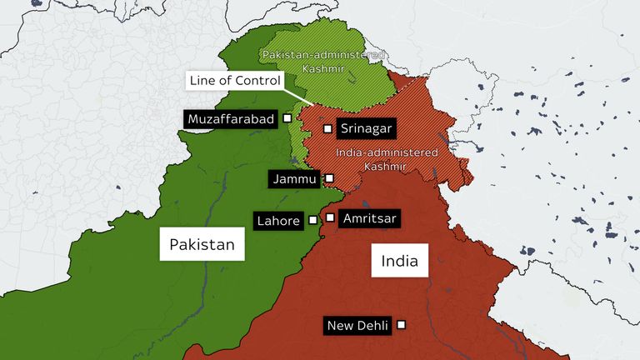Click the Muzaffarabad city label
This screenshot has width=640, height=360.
(x=231, y=119)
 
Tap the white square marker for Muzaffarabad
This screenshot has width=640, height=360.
(x=287, y=118)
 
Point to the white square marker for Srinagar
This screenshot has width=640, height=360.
(x=328, y=128)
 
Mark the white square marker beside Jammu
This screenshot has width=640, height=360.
(x=329, y=178)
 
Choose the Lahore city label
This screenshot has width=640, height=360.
(x=278, y=221)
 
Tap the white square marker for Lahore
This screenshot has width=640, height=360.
(x=313, y=221)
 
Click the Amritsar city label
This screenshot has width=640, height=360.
(x=370, y=218)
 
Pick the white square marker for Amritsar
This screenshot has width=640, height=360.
(x=331, y=217)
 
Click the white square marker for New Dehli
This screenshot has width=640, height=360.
(x=402, y=325)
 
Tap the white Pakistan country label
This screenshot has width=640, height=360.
(x=202, y=244)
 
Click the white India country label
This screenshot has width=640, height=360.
(x=399, y=261)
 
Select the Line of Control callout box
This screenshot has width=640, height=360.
(x=233, y=81)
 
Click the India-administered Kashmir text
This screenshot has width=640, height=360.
(x=386, y=160)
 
